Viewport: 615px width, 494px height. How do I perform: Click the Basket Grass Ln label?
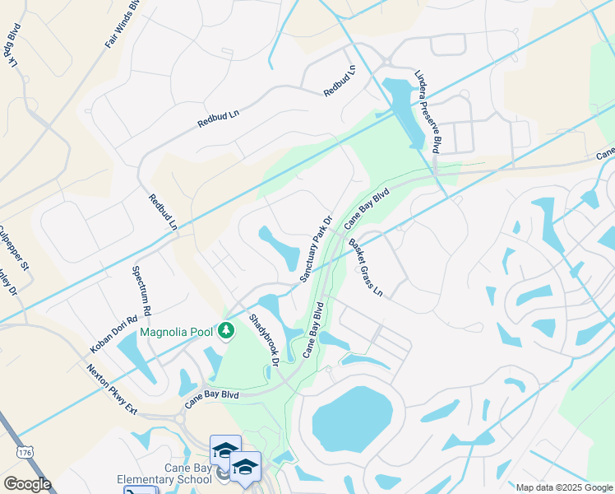coord(366,268)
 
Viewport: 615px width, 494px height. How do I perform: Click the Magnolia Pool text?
coord(177,333)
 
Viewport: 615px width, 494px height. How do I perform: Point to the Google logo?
coord(26,484)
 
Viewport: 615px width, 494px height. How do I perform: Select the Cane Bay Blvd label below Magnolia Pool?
coord(211,397)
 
